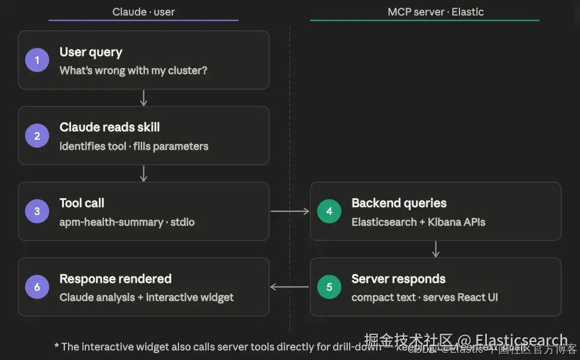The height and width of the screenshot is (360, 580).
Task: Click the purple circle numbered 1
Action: tap(37, 60)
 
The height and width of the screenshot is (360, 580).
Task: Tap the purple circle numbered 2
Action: tap(37, 136)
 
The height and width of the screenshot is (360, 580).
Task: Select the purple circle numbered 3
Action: tap(37, 211)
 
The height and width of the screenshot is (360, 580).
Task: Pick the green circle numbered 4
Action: tap(329, 211)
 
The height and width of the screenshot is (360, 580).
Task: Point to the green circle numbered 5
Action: tap(329, 287)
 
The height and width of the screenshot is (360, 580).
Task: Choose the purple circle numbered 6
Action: tap(37, 287)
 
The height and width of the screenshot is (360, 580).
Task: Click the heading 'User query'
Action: tap(91, 52)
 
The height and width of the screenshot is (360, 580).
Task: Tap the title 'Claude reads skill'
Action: tap(109, 127)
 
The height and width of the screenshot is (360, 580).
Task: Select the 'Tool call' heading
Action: tap(82, 203)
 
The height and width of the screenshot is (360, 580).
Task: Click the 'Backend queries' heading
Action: tap(399, 203)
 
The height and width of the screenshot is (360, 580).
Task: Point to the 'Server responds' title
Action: tap(398, 279)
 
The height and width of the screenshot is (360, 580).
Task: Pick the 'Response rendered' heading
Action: tap(115, 279)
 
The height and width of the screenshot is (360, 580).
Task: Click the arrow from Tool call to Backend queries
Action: tap(290, 211)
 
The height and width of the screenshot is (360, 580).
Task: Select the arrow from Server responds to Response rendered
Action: tap(290, 287)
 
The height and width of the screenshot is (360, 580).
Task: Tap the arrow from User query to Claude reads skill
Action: tap(143, 98)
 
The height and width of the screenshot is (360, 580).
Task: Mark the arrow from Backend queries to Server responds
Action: tap(436, 249)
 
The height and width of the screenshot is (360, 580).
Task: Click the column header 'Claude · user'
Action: tap(143, 12)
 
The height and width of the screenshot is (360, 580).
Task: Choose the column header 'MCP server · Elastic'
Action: tap(436, 12)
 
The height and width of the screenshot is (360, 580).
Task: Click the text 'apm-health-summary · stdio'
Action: tap(127, 222)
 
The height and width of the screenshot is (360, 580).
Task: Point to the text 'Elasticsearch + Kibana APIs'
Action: tap(418, 222)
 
